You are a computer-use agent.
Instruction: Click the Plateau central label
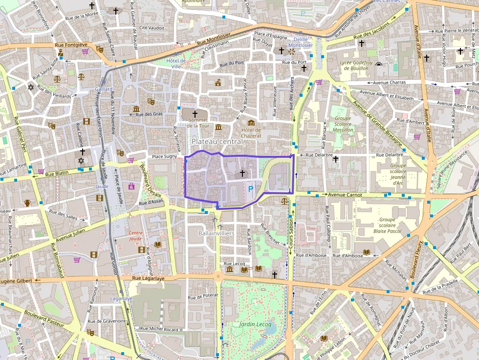217,141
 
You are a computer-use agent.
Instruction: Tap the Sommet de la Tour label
198,123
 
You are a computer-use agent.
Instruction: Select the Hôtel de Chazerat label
251,133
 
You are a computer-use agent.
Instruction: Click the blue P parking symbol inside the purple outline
251,189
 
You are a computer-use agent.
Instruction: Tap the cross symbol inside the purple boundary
242,173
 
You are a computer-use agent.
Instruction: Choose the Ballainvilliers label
217,233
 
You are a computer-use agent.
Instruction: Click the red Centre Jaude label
136,235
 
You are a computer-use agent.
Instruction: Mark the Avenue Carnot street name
345,195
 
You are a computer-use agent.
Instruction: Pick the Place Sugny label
164,156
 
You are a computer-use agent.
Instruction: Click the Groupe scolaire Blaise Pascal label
387,226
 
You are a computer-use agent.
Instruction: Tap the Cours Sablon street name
291,240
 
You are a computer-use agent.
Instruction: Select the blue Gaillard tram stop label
104,89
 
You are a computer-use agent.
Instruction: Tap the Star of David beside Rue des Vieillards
31,87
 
